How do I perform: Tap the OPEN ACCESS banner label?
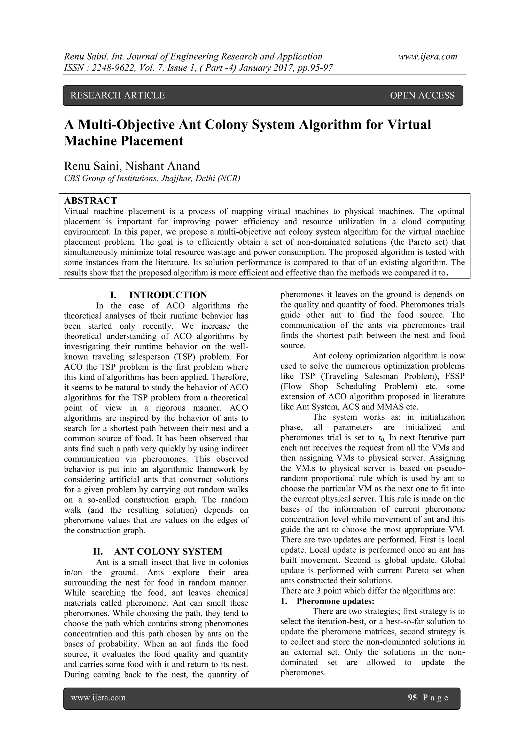click(x=422, y=95)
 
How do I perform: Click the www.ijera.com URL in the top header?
click(x=428, y=57)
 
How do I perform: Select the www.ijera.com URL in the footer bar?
click(x=98, y=698)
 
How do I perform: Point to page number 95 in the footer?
click(x=412, y=698)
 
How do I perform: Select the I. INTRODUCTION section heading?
click(x=159, y=295)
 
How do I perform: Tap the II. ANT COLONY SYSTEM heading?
click(x=158, y=552)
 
